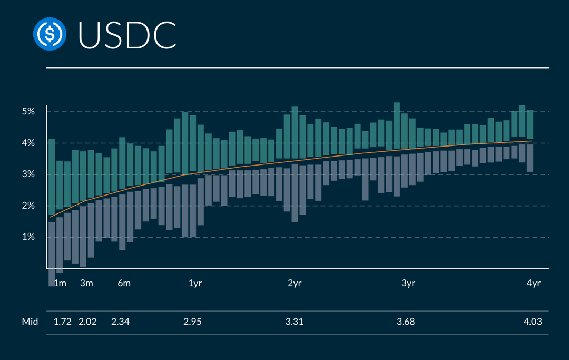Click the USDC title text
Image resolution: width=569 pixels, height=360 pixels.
tap(127, 35)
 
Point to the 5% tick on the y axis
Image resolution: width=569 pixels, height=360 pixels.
tap(28, 112)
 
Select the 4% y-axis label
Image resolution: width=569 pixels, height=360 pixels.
tap(28, 143)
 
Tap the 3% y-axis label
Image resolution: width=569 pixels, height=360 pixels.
tap(28, 174)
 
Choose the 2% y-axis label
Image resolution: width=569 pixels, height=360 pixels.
tap(28, 206)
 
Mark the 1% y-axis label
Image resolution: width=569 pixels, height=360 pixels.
tap(28, 237)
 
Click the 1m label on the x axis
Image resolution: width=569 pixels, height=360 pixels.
tap(60, 284)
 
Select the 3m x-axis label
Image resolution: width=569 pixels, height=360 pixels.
tap(86, 284)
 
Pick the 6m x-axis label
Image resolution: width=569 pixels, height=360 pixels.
tap(124, 284)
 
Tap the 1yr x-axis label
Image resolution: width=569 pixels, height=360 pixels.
tap(195, 284)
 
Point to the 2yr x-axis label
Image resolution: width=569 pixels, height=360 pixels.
tap(295, 284)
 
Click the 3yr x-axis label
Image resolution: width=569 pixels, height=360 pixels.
tap(408, 284)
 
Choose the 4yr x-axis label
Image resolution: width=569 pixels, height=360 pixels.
tap(534, 284)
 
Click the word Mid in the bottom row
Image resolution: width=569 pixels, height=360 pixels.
tap(30, 322)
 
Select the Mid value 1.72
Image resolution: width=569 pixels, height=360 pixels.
tap(63, 322)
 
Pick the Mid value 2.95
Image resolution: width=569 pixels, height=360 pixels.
tap(192, 322)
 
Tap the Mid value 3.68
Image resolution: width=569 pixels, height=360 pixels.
tap(406, 322)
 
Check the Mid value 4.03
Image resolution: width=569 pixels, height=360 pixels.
tap(533, 322)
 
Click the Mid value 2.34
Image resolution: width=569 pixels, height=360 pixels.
tap(121, 322)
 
